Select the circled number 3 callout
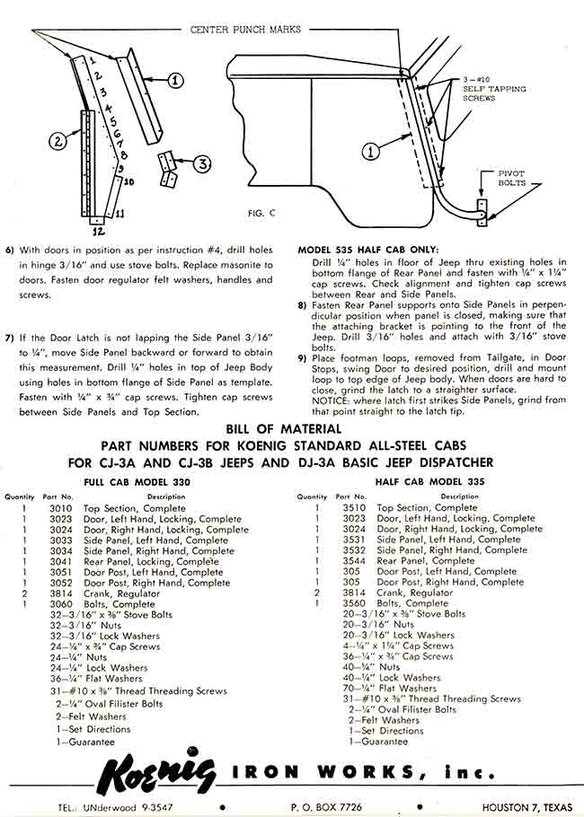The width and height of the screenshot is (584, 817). pyautogui.click(x=204, y=164)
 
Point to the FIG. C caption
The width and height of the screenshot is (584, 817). pyautogui.click(x=264, y=214)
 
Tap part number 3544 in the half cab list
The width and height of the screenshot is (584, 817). pyautogui.click(x=354, y=561)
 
